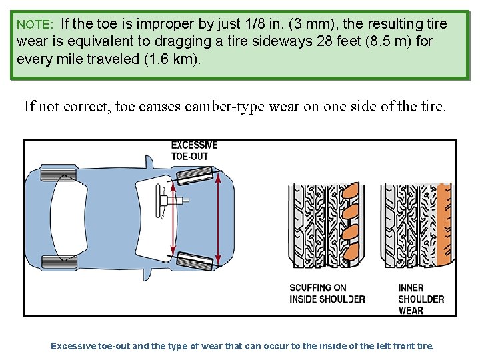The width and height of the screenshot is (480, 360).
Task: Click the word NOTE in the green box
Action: point(34,25)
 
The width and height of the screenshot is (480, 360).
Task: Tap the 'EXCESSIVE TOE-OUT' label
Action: point(194,151)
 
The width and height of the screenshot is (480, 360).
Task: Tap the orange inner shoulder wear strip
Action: point(441,227)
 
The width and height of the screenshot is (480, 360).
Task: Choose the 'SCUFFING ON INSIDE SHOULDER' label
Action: point(327,293)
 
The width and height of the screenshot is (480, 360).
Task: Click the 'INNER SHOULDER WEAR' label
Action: point(421,299)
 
